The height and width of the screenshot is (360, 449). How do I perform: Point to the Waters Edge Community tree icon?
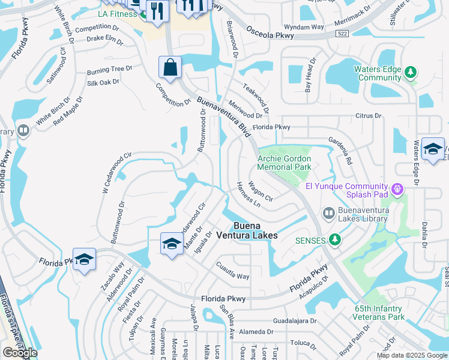pyautogui.click(x=411, y=73)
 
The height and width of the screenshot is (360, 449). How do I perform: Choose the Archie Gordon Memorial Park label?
pyautogui.click(x=285, y=163)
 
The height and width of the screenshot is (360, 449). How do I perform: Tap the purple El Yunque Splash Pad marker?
pyautogui.click(x=396, y=190)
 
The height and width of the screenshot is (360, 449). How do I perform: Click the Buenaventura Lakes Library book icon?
pyautogui.click(x=328, y=213)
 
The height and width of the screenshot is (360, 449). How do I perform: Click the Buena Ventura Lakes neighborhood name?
pyautogui.click(x=255, y=231)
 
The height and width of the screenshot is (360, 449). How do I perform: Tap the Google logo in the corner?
pyautogui.click(x=20, y=353)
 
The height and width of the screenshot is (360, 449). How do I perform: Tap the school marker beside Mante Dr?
pyautogui.click(x=172, y=244)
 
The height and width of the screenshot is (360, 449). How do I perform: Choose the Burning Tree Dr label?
pyautogui.click(x=109, y=70)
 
